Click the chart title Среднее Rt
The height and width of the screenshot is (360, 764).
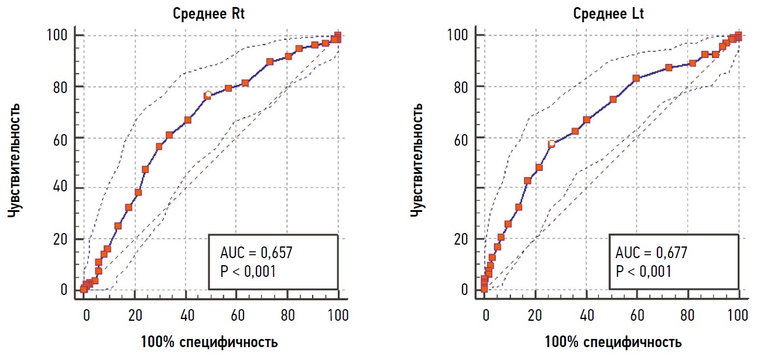(x=208, y=13)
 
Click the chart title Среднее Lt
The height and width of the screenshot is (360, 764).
(x=608, y=13)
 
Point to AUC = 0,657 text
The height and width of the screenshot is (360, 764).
(x=256, y=253)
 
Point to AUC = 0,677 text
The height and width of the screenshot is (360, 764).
(x=651, y=253)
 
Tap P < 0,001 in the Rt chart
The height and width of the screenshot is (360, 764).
(x=248, y=272)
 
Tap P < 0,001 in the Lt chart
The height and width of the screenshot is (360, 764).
(x=643, y=272)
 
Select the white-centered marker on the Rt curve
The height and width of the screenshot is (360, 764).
(x=207, y=95)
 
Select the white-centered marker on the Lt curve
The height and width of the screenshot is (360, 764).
(x=551, y=144)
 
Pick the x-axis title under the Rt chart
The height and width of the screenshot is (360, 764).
(x=209, y=342)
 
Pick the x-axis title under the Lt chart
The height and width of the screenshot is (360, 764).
(x=613, y=342)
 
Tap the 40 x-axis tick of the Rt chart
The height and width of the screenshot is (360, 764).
(x=187, y=316)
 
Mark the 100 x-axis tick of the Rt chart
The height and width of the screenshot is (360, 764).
(x=338, y=316)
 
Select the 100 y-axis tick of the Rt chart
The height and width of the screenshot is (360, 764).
(x=59, y=36)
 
